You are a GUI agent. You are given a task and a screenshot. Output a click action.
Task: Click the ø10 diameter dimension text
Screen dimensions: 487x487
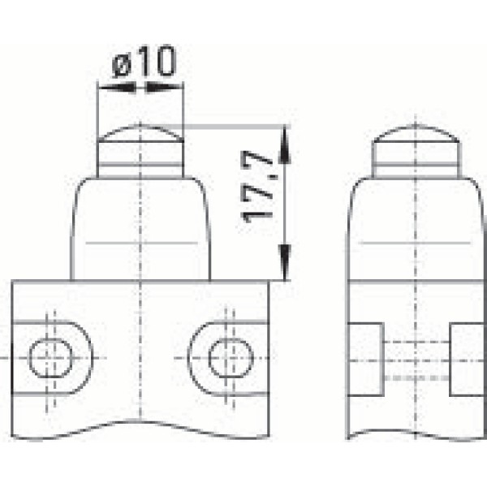[x=144, y=63]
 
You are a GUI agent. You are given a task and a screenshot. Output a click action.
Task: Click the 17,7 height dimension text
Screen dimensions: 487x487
[x=257, y=192]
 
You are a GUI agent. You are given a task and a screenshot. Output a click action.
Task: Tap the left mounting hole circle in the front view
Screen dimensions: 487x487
[x=50, y=358]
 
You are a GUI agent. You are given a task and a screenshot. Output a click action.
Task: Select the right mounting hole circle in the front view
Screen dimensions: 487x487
[x=230, y=358]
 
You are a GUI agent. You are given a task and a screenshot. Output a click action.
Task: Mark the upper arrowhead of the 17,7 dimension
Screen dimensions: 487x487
[x=285, y=142]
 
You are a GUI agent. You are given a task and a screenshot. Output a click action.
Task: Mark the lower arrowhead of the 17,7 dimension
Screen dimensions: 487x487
[x=285, y=264]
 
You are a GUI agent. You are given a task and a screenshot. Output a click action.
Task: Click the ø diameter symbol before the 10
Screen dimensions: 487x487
[x=122, y=63]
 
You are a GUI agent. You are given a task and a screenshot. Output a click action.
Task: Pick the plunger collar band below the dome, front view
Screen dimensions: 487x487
[x=140, y=169]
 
